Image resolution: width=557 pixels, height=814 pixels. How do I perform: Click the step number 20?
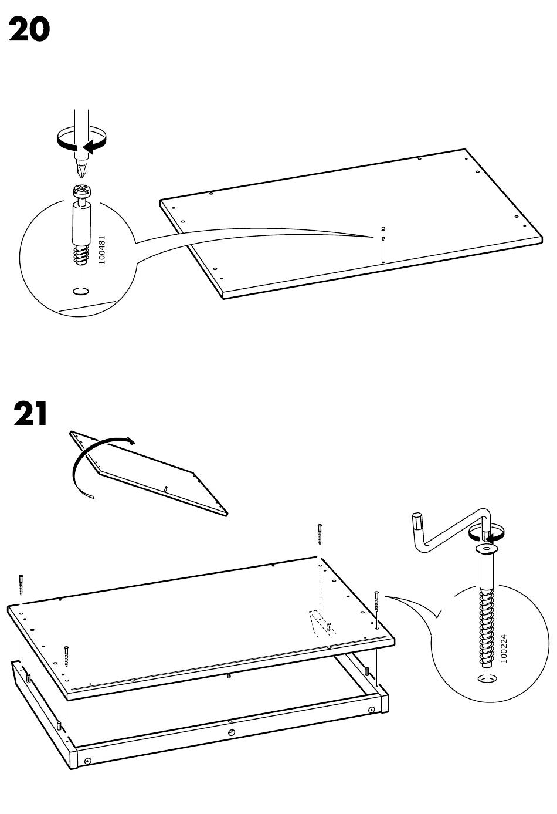point(29,30)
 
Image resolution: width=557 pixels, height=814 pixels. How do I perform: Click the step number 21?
point(30,414)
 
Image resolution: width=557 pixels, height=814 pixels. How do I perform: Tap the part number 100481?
point(102,250)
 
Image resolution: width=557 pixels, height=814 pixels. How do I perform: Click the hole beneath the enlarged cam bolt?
point(80,291)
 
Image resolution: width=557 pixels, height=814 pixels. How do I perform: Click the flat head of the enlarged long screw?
point(486,548)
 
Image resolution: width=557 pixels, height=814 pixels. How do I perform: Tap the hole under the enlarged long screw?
point(487,678)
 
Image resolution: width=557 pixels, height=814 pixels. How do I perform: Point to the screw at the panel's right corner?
point(376,602)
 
